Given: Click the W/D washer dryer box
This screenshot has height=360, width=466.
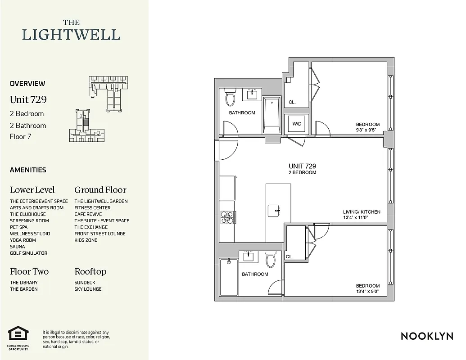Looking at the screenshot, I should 296,124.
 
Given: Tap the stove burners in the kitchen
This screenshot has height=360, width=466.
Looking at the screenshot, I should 227,218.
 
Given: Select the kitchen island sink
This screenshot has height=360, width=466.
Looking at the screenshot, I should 275,210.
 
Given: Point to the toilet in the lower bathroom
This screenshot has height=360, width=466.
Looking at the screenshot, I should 271,260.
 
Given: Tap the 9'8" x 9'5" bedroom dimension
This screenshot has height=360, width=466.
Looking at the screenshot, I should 367,130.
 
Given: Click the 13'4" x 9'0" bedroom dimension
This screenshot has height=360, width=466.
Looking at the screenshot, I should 367,292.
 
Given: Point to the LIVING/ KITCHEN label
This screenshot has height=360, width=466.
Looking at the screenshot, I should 362,212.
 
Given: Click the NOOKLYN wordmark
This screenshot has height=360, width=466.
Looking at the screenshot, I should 426,336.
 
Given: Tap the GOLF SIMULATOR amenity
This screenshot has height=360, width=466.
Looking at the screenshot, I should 28,253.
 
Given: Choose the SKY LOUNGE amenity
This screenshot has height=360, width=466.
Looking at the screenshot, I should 88,289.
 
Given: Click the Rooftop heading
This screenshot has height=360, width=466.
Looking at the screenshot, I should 90,271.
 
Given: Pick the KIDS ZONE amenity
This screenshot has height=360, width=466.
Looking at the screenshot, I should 86,240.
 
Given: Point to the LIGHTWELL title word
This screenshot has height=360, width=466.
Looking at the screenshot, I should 71,35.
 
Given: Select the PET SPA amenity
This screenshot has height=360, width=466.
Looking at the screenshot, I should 19,227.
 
